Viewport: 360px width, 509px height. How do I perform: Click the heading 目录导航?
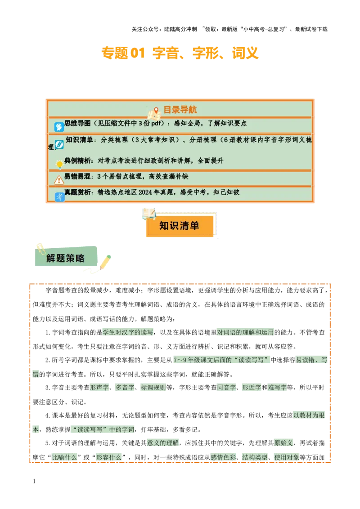click(x=180, y=110)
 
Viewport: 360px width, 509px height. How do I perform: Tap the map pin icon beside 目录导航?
click(x=156, y=111)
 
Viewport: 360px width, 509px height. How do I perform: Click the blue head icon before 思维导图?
click(x=59, y=127)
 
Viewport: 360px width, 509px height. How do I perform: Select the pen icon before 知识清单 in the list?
click(x=59, y=144)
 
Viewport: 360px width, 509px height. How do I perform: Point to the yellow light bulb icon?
click(x=59, y=165)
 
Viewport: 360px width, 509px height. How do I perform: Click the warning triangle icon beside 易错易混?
click(x=59, y=180)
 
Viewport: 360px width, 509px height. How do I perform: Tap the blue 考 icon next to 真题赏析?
click(x=59, y=196)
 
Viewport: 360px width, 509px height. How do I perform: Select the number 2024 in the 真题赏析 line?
click(x=146, y=192)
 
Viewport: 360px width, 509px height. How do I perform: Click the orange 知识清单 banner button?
click(x=179, y=225)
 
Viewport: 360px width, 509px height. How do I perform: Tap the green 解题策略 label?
click(x=65, y=258)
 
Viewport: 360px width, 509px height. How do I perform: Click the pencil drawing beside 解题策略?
click(x=105, y=261)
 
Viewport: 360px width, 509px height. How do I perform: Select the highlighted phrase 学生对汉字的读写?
click(x=128, y=333)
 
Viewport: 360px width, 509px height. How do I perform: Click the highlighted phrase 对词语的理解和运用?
click(x=245, y=333)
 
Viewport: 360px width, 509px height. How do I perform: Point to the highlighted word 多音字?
click(x=124, y=387)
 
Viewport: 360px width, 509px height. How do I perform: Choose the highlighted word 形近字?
click(x=252, y=387)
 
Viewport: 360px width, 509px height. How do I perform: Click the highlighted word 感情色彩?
click(x=224, y=457)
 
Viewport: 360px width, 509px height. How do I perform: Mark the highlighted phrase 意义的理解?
click(x=163, y=443)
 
